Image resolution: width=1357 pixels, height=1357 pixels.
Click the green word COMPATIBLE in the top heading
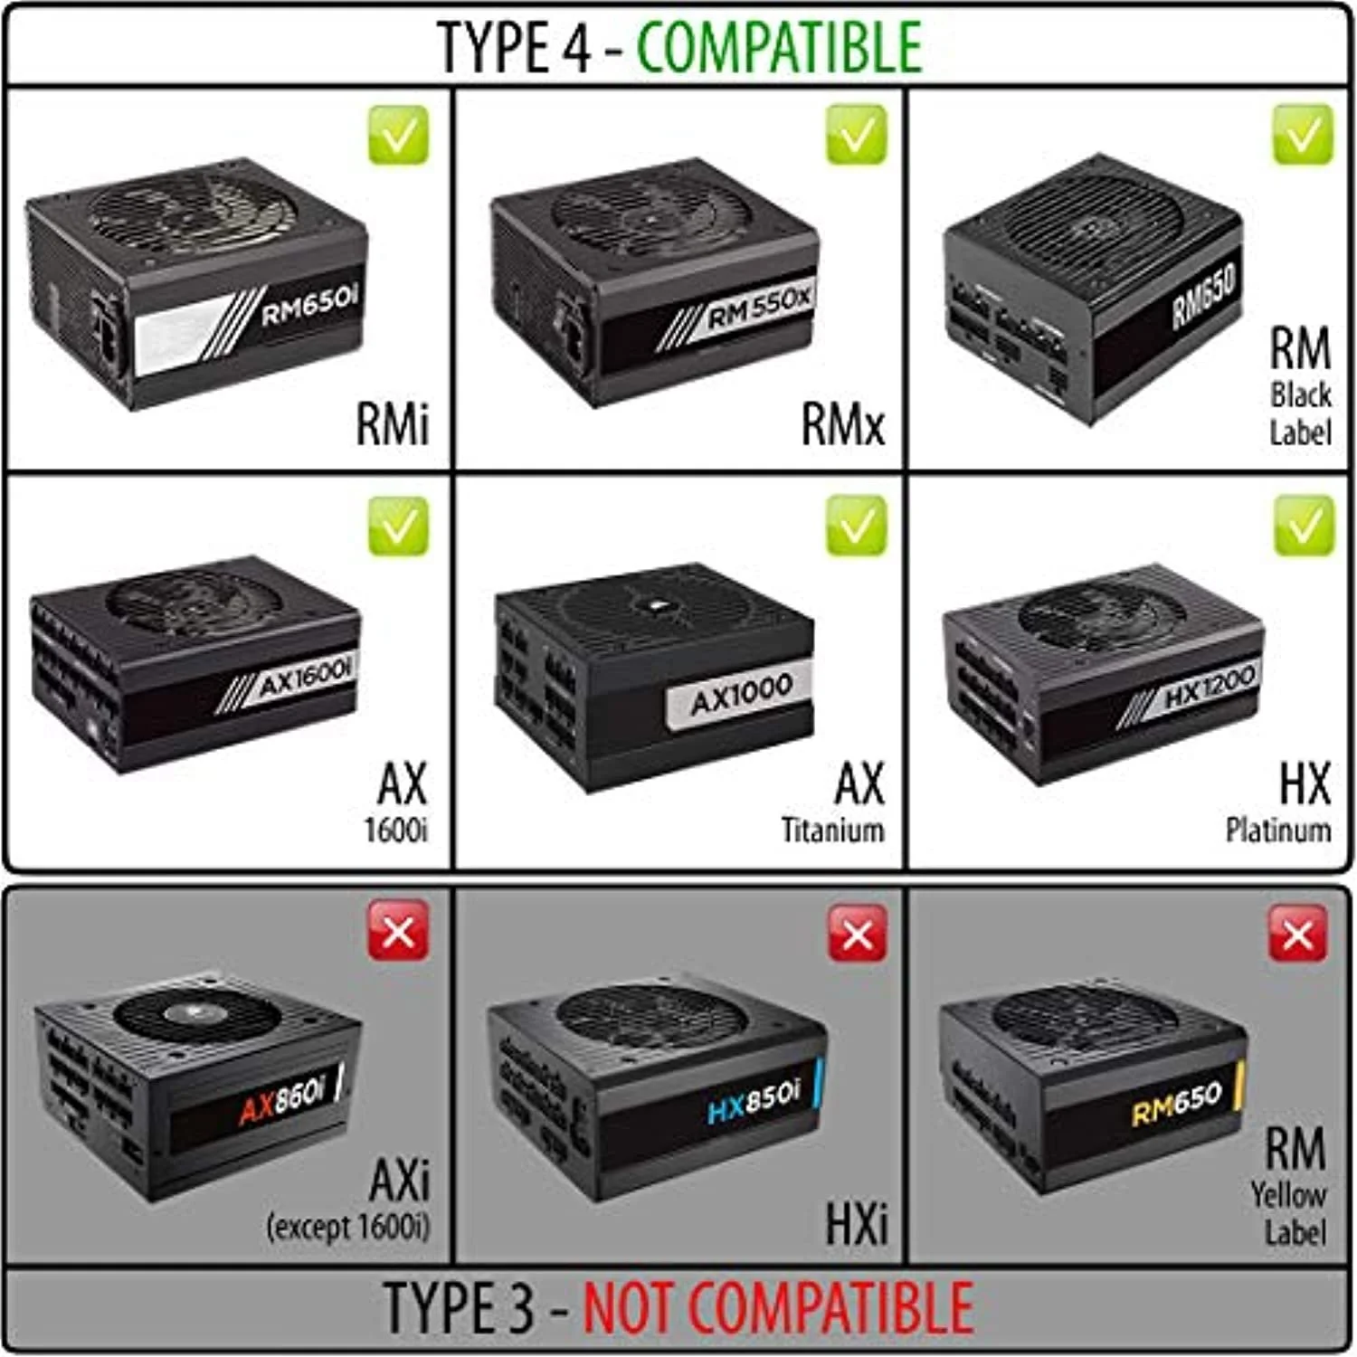[x=779, y=47]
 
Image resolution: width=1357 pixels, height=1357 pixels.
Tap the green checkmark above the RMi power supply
[x=398, y=135]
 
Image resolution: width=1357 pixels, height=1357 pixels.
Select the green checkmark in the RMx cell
[x=856, y=135]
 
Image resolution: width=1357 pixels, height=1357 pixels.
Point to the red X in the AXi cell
[x=398, y=932]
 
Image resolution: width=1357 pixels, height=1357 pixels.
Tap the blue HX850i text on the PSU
[x=754, y=1097]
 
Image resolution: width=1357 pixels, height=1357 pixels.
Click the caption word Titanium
[x=832, y=830]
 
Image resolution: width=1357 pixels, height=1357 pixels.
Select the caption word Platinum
[x=1277, y=830]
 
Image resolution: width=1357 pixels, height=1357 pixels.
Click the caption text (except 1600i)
[x=348, y=1227]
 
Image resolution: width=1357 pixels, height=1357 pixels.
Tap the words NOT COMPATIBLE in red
[x=777, y=1307]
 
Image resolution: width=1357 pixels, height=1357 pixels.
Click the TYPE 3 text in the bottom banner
[x=460, y=1307]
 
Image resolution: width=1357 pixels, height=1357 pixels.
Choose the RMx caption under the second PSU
[x=843, y=423]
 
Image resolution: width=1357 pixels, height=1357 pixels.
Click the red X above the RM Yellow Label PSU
[x=1298, y=932]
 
